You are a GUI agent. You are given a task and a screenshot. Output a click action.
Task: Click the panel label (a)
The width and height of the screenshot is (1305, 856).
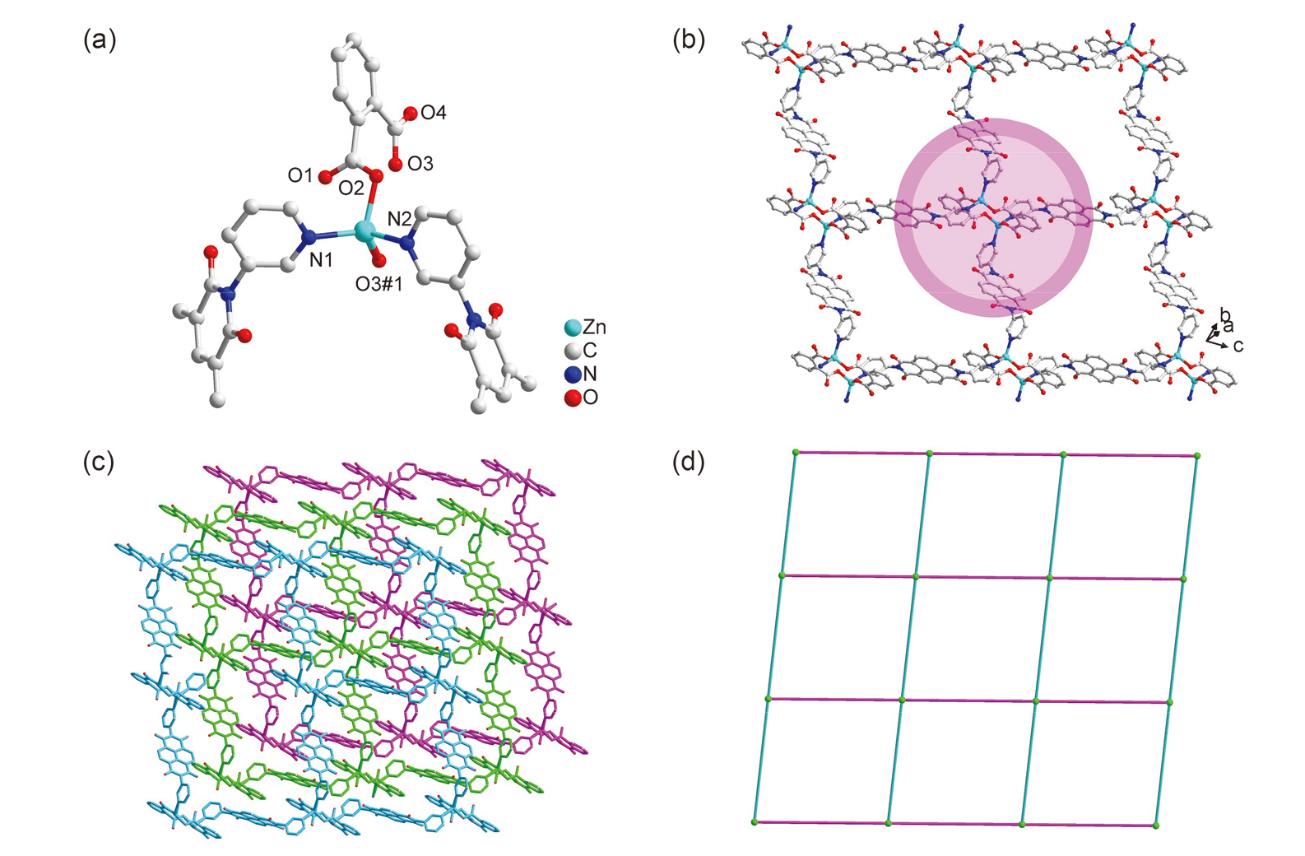click(100, 40)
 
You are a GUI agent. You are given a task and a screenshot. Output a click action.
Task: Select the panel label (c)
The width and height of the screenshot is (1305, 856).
click(100, 462)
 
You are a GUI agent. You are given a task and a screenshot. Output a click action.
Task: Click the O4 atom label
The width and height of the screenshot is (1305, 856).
click(434, 113)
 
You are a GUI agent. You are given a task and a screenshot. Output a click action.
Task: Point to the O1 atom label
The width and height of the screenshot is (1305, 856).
click(300, 175)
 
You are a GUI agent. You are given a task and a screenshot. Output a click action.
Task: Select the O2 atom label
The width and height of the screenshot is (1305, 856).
click(351, 188)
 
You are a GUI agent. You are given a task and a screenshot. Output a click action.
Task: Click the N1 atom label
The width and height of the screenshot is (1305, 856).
click(321, 260)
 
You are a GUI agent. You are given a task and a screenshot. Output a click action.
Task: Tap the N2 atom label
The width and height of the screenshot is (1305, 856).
click(399, 219)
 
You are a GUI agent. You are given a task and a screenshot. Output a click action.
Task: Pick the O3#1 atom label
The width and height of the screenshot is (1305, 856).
click(378, 284)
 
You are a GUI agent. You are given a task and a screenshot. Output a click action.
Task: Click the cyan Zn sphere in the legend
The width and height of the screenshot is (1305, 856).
click(573, 328)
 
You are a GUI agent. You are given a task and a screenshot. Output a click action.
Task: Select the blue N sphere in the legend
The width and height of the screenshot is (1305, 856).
click(573, 374)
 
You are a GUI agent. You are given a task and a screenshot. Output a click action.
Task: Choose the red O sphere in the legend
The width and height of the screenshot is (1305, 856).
click(573, 398)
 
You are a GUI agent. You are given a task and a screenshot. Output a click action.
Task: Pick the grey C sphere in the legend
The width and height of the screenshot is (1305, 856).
click(573, 351)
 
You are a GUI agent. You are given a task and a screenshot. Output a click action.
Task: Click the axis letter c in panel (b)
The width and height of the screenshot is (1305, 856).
click(1238, 346)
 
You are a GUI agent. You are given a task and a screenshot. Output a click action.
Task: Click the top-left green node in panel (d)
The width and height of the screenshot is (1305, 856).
click(796, 452)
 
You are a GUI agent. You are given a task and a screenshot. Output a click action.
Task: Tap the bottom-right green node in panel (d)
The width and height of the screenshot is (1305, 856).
click(1156, 825)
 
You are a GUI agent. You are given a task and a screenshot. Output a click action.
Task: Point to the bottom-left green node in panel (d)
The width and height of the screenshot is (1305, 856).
click(755, 821)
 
